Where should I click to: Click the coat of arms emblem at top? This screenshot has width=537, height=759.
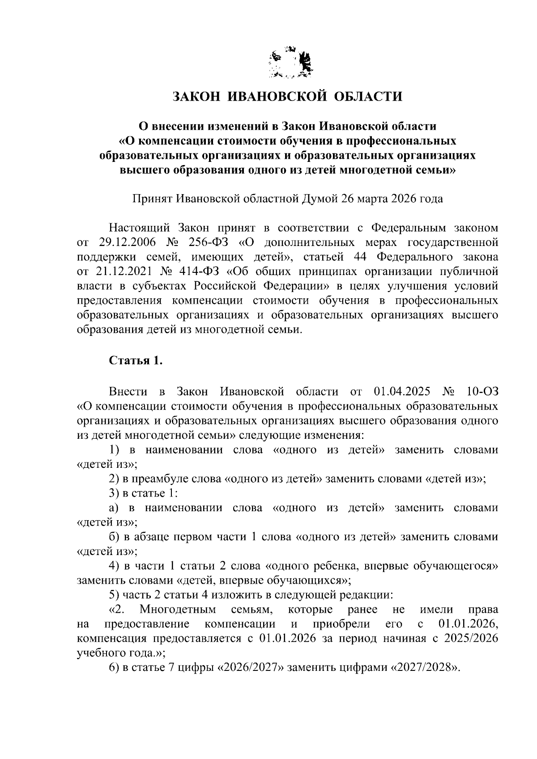(290, 64)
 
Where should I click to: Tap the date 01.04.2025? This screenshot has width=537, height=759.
(401, 392)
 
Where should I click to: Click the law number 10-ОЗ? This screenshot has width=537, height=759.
(481, 392)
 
